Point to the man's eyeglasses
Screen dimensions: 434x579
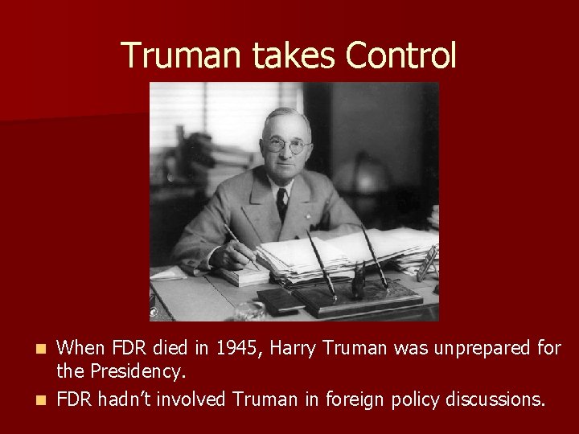pyautogui.click(x=285, y=145)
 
